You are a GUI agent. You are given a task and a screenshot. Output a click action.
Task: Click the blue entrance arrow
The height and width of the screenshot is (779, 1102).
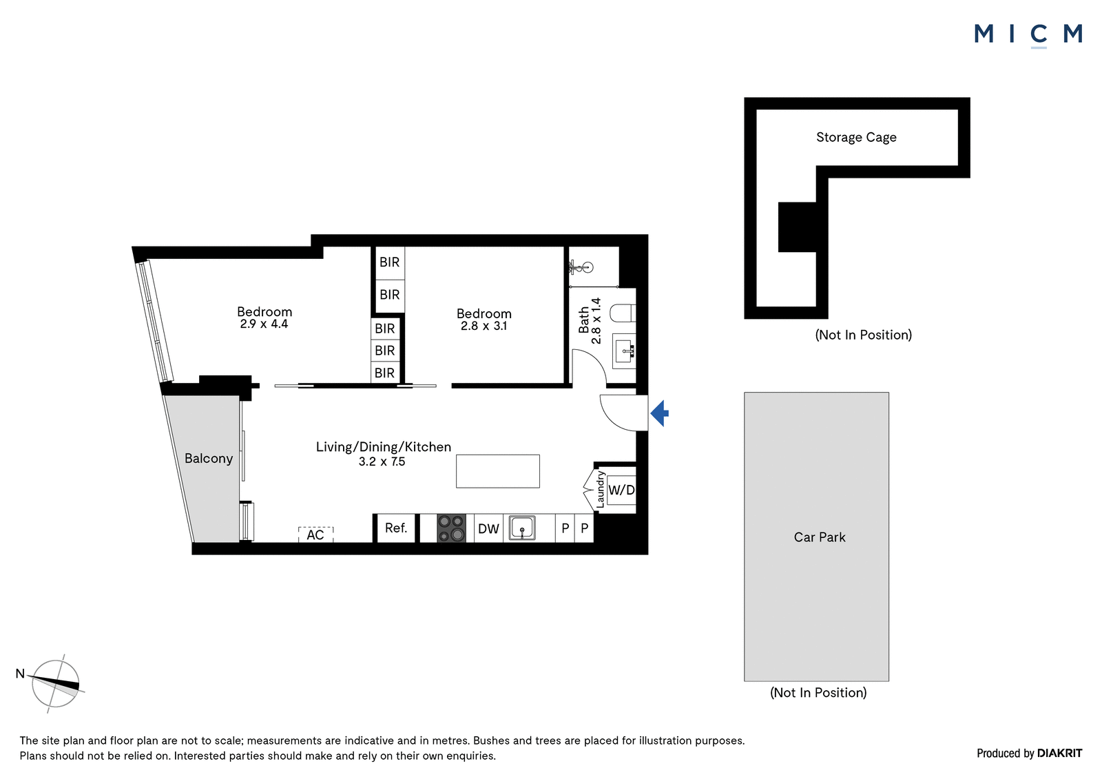pos(660,413)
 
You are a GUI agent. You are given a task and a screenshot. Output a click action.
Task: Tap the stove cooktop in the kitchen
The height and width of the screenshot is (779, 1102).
pos(451,528)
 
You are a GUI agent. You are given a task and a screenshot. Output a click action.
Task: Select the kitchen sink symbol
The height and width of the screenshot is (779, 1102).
pos(522,528)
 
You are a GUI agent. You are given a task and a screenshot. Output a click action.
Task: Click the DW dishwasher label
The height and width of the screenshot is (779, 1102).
pos(488,529)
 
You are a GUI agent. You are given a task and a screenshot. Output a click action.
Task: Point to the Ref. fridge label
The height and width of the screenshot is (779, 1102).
pos(396,528)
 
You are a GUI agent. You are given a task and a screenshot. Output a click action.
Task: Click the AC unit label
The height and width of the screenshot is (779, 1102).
pos(315,535)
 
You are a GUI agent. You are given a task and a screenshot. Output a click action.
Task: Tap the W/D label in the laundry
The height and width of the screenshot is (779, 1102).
pos(621,490)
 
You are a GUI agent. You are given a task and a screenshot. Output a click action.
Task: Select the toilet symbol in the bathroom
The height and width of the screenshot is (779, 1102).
pos(623,313)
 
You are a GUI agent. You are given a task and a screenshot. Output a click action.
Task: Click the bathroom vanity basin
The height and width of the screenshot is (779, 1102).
pos(624,351)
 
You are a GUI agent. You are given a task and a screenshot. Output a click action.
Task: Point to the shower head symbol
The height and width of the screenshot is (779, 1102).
pos(581,268)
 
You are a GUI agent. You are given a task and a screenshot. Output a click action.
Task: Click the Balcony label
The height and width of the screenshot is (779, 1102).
pos(209,459)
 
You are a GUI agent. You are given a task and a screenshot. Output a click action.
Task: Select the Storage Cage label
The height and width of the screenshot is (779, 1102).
pos(856,137)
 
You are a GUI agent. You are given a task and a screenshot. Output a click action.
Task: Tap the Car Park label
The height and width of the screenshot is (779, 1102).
pos(820,537)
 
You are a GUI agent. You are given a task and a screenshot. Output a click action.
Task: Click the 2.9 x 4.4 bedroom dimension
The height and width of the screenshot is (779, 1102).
pos(264,324)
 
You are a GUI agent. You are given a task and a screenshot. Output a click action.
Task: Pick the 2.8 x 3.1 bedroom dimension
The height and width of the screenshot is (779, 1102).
pos(484,326)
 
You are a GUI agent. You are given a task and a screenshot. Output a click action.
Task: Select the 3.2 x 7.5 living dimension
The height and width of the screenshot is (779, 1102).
pos(382,461)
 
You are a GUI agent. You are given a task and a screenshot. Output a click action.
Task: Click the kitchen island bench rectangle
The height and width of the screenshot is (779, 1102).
pos(498,471)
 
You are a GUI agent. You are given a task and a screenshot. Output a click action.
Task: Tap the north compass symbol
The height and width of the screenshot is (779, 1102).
pos(56,684)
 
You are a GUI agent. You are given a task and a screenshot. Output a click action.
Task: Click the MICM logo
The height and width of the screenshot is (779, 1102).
pos(1028,35)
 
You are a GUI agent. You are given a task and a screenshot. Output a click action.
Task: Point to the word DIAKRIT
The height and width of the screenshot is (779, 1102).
pos(1060,754)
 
